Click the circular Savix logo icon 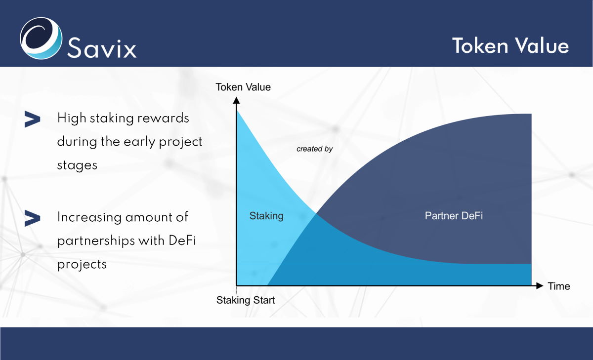coord(41,39)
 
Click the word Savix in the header coord(102,47)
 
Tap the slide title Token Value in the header coord(510,46)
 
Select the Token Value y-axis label coord(243,87)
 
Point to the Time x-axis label coord(559,286)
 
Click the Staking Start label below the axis coord(246,300)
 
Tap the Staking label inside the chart coord(266,216)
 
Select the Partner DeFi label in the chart coord(454,216)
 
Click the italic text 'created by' coord(314,149)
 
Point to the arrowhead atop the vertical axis coord(236,100)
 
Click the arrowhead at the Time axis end coord(540,285)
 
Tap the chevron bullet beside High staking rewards coord(32,119)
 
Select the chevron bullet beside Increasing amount coord(32,218)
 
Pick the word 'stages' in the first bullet coord(77,165)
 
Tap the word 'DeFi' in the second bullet coord(182,240)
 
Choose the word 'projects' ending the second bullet coord(82,265)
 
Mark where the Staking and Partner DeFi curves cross coord(316,213)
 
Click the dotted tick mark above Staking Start coord(236,290)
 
